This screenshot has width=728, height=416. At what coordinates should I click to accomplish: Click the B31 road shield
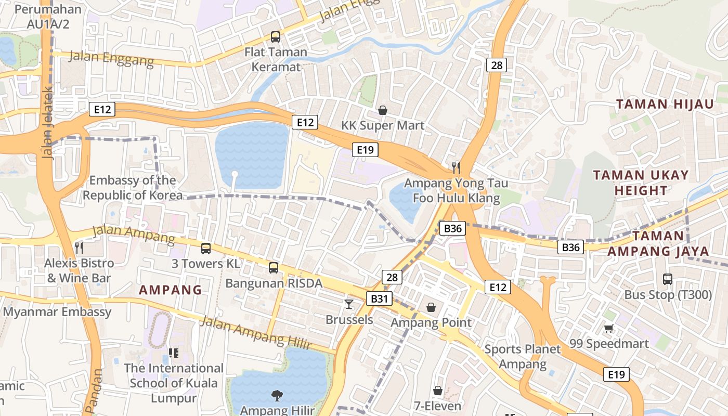(x=379, y=298)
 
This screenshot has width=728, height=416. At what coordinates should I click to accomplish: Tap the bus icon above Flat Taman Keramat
(x=276, y=37)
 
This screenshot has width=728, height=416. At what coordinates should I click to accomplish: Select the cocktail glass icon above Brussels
(x=349, y=304)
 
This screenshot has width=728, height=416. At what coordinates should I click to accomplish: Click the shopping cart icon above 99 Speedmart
(x=609, y=328)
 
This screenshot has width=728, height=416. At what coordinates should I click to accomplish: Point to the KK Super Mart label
(x=383, y=125)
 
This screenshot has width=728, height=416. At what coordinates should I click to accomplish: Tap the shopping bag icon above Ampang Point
(x=431, y=307)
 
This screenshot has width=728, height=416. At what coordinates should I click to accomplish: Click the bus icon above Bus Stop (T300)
(x=668, y=279)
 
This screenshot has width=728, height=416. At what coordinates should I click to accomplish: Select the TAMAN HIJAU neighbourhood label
(x=665, y=104)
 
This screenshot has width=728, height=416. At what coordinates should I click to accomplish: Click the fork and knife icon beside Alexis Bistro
(x=79, y=248)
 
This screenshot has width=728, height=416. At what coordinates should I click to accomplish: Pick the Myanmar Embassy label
(x=57, y=312)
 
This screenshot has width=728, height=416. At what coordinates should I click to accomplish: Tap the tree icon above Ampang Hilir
(x=277, y=396)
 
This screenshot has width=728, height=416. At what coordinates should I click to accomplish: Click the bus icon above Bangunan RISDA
(x=274, y=268)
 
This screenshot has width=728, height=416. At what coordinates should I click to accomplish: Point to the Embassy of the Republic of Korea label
(x=133, y=188)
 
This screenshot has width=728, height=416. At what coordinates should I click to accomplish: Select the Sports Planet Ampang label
(x=523, y=356)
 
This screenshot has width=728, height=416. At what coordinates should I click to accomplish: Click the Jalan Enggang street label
(x=111, y=59)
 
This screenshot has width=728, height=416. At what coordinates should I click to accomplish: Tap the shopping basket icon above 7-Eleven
(x=438, y=391)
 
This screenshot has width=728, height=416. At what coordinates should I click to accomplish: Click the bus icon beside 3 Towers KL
(x=206, y=249)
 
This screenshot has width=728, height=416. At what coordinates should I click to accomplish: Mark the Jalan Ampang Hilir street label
(x=255, y=333)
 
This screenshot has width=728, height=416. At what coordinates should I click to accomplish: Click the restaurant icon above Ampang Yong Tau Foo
(x=456, y=167)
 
